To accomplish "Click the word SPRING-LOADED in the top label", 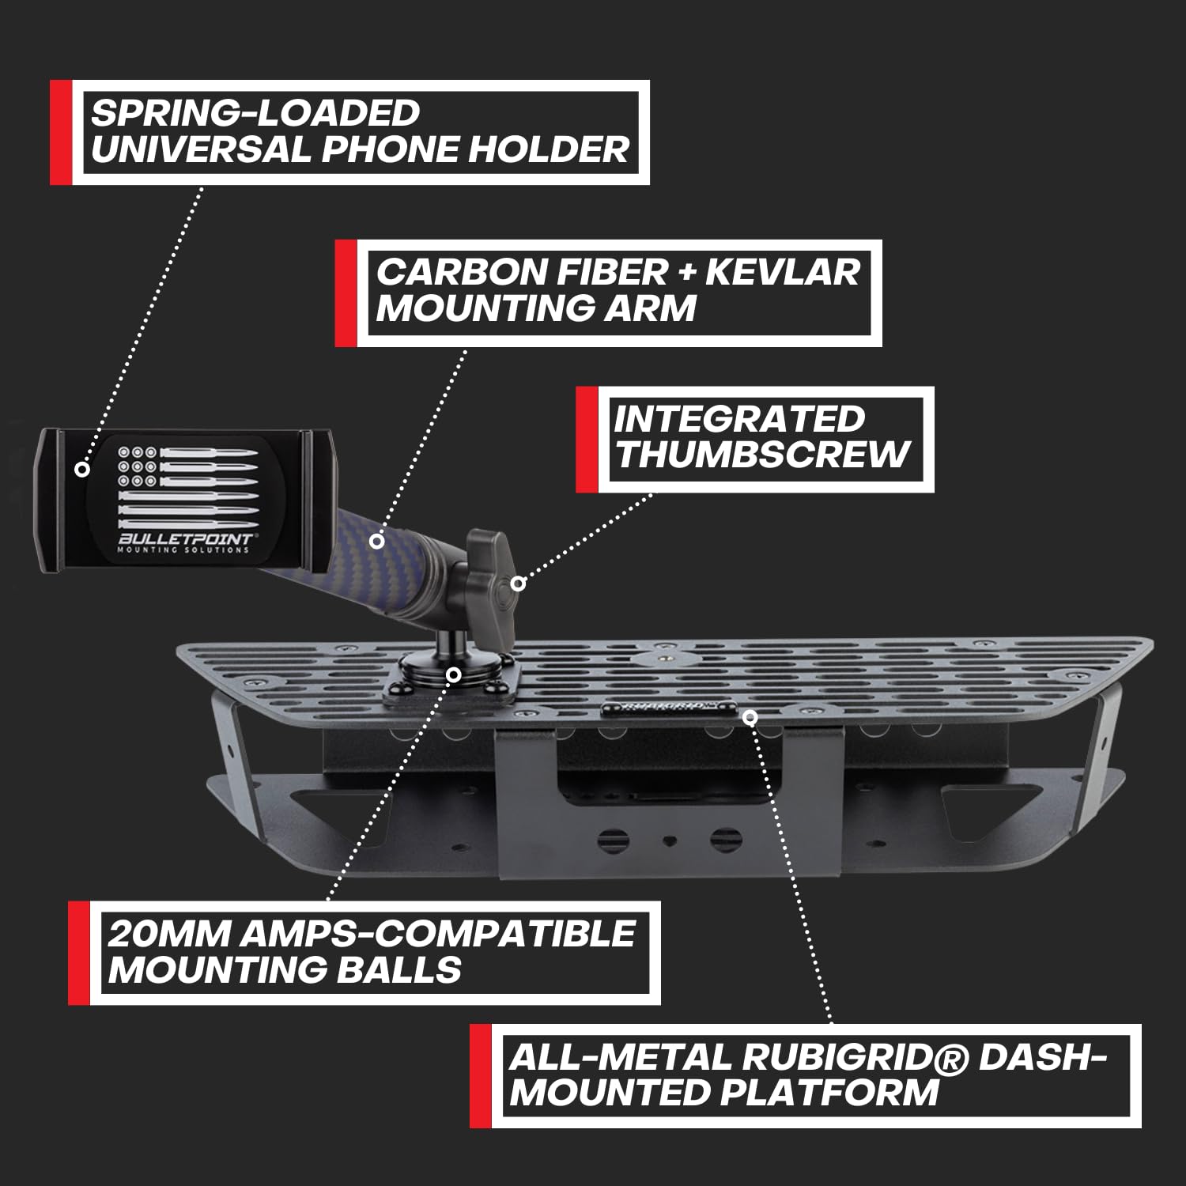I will pyautogui.click(x=255, y=113).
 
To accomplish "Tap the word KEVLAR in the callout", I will pyautogui.click(x=782, y=272).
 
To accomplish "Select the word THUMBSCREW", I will pyautogui.click(x=763, y=455).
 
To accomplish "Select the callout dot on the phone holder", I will pyautogui.click(x=81, y=469).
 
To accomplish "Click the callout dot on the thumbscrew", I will pyautogui.click(x=518, y=584).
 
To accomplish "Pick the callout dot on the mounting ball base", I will pyautogui.click(x=453, y=674).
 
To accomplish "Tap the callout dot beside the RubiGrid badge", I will pyautogui.click(x=750, y=716).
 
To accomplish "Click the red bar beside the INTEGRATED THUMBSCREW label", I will pyautogui.click(x=586, y=440).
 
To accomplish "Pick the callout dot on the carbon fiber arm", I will pyautogui.click(x=377, y=542).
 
